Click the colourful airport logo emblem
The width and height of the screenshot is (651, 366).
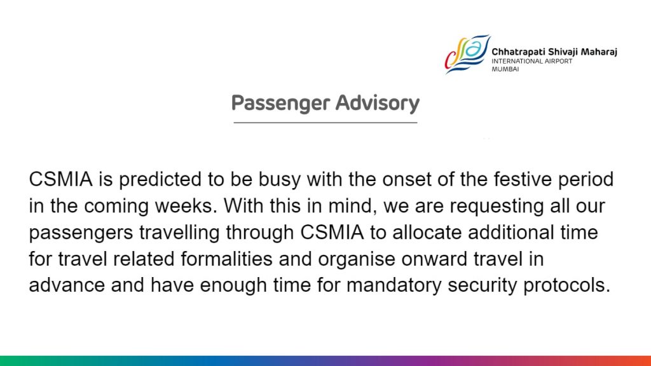click(x=467, y=54)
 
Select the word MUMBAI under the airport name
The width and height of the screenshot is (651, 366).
click(x=505, y=69)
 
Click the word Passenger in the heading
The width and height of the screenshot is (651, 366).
click(x=280, y=104)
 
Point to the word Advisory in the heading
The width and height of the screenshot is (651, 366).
click(x=378, y=104)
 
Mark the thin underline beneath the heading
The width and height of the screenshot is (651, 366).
click(x=325, y=123)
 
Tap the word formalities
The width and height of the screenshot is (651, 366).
click(x=226, y=259)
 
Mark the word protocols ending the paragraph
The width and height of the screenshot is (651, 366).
click(x=566, y=286)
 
